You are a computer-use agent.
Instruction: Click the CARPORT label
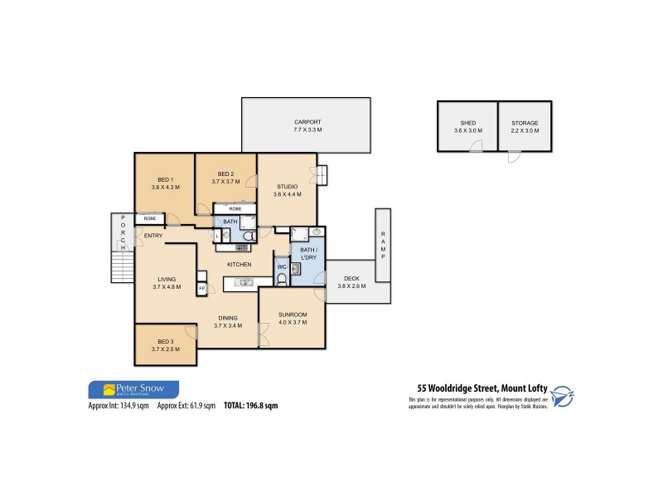(307, 121)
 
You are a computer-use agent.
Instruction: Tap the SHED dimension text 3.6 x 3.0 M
(467, 130)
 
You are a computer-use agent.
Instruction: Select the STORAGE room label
(525, 123)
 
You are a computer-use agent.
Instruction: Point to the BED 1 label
(165, 179)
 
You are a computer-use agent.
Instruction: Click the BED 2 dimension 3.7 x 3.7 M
(225, 181)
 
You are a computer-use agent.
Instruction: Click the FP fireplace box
(201, 288)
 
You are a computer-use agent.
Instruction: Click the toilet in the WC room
(282, 278)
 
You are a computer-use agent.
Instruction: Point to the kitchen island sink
(244, 283)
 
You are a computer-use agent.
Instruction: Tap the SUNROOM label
(293, 315)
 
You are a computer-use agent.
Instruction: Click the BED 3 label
(166, 342)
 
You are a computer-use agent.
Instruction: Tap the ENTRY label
(153, 237)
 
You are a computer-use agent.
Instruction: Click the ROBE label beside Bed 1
(150, 218)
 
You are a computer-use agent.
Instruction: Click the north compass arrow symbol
(563, 396)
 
